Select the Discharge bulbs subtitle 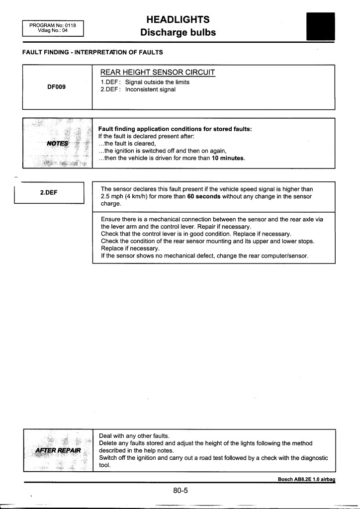(x=178, y=33)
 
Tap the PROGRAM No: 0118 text (x=52, y=25)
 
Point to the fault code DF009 (x=56, y=86)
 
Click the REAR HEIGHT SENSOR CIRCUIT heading (x=158, y=73)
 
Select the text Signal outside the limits (x=157, y=82)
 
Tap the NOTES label (x=58, y=143)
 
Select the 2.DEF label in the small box (x=49, y=192)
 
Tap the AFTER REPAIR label (x=58, y=450)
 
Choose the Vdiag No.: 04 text (x=52, y=30)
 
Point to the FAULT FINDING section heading (x=92, y=52)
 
